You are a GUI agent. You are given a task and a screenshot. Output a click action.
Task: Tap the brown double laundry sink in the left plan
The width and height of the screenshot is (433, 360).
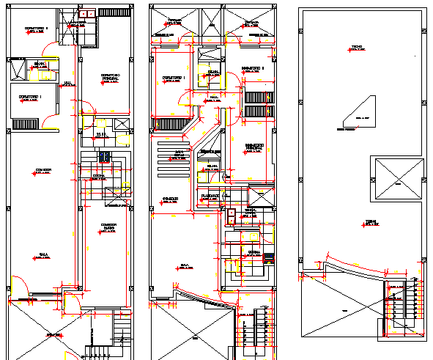coord(86,13)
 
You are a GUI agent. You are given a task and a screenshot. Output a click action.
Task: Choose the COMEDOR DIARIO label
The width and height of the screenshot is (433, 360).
coord(109,228)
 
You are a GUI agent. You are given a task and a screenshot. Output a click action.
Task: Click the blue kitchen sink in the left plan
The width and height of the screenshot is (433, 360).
coord(103,156)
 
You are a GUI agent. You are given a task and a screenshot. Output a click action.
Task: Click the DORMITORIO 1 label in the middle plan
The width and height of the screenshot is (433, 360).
coord(174,78)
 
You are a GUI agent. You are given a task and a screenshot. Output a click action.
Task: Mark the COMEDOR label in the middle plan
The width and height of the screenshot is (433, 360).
coord(171,199)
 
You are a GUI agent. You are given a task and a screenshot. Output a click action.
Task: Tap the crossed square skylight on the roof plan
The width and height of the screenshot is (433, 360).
coord(396,177)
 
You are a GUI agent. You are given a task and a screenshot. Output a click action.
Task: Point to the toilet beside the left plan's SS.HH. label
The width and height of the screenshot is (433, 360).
coord(109,135)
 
